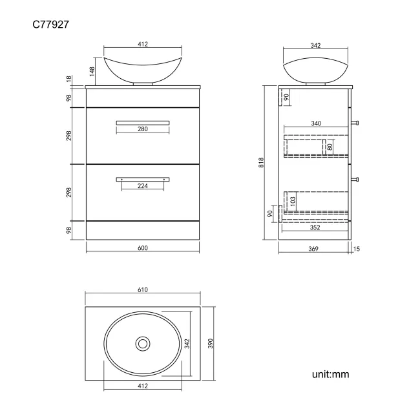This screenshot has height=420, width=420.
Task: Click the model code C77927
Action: (x=51, y=25)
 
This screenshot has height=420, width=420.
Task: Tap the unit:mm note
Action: (x=330, y=374)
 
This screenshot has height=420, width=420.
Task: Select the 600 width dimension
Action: (x=142, y=249)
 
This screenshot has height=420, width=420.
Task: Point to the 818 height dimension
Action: (x=261, y=163)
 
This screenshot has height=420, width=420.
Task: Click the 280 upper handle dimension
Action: (x=143, y=129)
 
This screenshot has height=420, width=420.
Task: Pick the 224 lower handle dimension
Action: (x=143, y=186)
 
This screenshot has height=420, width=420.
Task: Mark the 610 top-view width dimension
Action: (x=142, y=290)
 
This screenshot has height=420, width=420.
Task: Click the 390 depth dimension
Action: (x=210, y=343)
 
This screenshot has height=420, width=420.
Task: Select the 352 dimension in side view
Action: (x=315, y=227)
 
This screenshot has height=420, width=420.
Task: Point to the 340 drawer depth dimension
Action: (x=315, y=123)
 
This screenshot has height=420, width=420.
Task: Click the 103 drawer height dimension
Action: (x=293, y=202)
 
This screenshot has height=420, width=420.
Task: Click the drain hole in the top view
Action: (x=142, y=343)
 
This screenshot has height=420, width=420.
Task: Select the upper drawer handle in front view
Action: (x=143, y=121)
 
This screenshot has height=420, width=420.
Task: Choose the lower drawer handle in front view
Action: (x=143, y=179)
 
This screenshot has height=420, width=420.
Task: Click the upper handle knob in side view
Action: (x=355, y=121)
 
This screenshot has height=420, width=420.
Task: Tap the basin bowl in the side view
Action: (x=315, y=68)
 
